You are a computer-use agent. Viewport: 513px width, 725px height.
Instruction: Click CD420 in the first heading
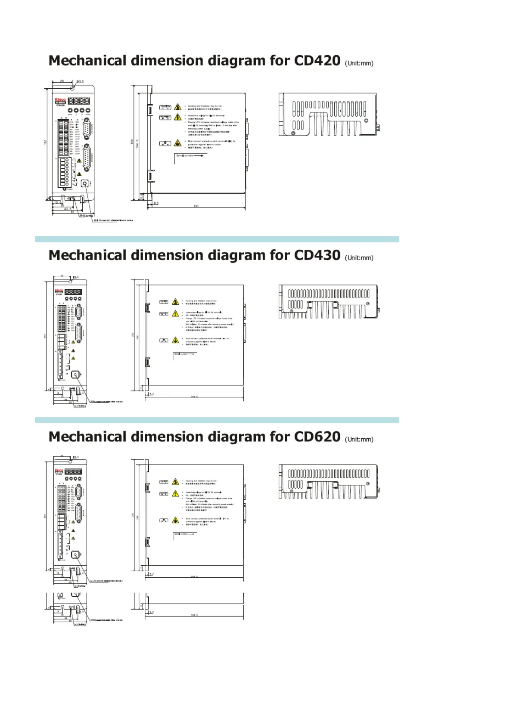point(317,61)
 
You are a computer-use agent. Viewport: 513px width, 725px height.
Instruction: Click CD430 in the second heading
point(317,255)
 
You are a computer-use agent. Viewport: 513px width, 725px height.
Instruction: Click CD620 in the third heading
point(317,437)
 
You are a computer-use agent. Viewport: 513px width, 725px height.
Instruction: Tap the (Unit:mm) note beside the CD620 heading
point(359,440)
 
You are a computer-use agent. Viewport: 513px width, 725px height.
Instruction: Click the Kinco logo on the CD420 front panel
point(60,100)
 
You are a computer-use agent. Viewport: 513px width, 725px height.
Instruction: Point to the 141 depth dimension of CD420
point(196,206)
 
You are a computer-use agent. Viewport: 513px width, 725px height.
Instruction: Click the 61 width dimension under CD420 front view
point(72,212)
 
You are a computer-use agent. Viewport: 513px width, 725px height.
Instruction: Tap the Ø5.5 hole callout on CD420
point(80,81)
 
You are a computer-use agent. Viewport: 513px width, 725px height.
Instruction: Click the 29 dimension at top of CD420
point(62,81)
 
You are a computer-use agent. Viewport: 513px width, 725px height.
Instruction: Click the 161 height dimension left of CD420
point(46,142)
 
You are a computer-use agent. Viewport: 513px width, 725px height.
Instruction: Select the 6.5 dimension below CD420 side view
point(156,203)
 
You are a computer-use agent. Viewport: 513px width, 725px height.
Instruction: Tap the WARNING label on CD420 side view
point(165,117)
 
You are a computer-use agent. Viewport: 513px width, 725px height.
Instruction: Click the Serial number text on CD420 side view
point(185,155)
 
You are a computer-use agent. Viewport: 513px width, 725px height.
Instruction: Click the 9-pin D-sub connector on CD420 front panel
point(86,128)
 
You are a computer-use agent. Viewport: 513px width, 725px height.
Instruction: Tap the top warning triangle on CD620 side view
point(175,482)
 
